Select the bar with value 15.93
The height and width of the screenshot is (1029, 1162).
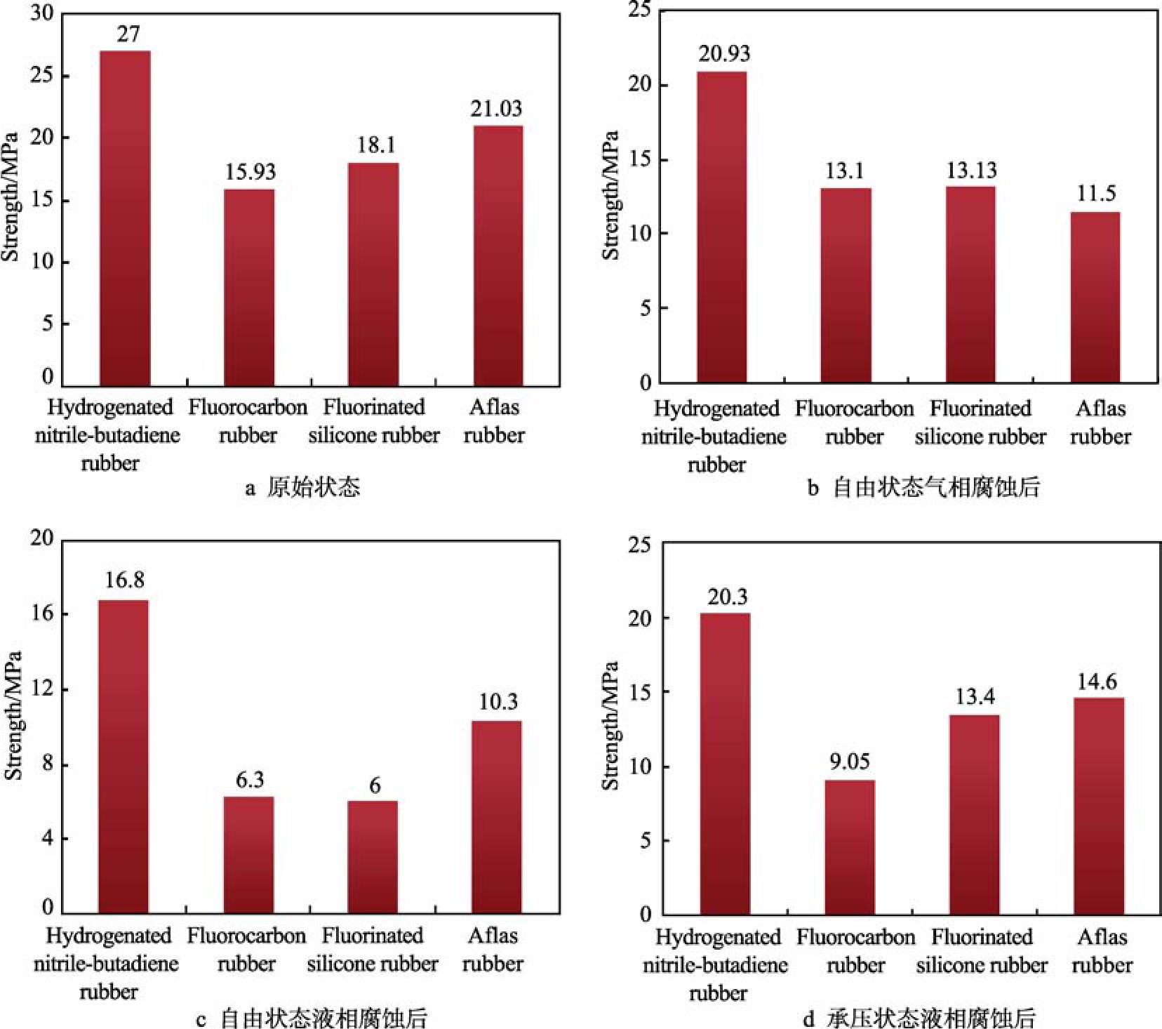(x=249, y=288)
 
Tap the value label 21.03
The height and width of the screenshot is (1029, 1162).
(x=496, y=109)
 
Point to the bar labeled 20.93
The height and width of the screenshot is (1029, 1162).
(x=721, y=227)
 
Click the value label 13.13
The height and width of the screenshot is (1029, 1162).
(x=971, y=171)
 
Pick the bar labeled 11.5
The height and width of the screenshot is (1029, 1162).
(x=1095, y=297)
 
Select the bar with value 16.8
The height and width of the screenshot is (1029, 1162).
(x=123, y=756)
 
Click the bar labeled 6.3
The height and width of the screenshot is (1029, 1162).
(x=248, y=854)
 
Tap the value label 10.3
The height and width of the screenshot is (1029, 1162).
(x=498, y=702)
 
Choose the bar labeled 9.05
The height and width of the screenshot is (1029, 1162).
(x=850, y=847)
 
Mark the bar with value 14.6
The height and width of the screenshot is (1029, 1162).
(x=1099, y=805)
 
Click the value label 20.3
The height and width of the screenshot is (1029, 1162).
(x=728, y=597)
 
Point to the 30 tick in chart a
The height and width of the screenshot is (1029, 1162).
(x=42, y=14)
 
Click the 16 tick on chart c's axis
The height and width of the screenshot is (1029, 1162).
(x=42, y=613)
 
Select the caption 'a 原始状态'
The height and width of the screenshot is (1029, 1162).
(x=302, y=487)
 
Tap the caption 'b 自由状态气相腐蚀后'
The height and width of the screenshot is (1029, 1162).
(x=923, y=487)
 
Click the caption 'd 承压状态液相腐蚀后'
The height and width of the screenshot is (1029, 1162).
(x=919, y=1018)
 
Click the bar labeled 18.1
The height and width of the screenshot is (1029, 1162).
(x=373, y=274)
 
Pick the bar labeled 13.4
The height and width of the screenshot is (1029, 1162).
(x=975, y=814)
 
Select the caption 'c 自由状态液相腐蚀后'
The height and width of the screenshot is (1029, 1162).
(x=312, y=1018)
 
